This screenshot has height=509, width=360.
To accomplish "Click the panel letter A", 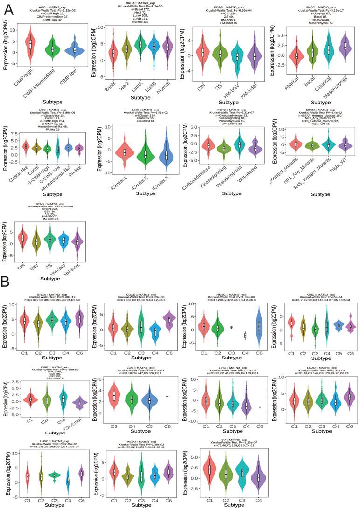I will pyautogui.click(x=8, y=9).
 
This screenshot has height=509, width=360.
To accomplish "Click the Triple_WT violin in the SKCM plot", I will pyautogui.click(x=344, y=144).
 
